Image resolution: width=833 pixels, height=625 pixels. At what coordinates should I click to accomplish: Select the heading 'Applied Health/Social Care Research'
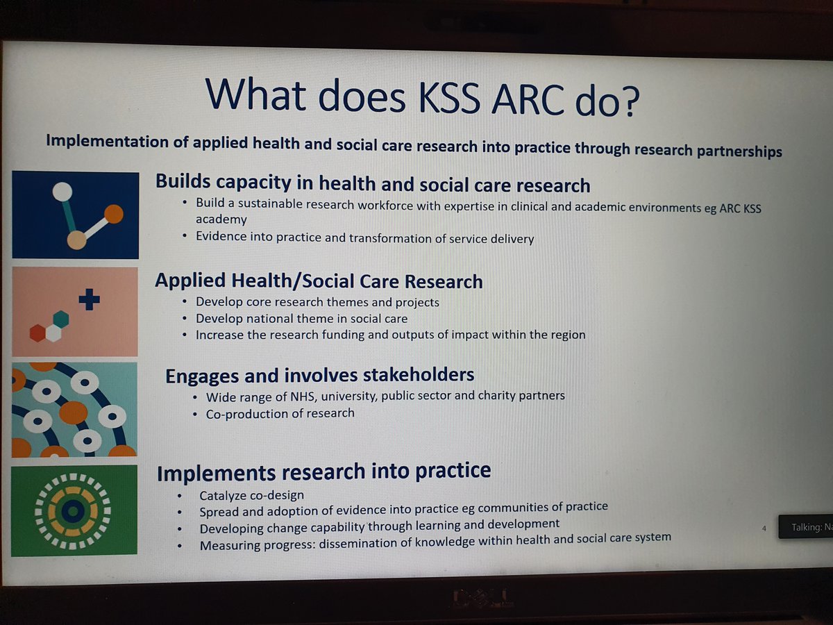tap(319, 281)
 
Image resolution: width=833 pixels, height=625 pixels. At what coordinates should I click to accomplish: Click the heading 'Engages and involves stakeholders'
tap(319, 376)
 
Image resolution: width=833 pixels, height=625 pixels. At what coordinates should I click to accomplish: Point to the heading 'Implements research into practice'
tap(323, 472)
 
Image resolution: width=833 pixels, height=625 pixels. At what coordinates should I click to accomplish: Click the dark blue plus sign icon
tap(89, 299)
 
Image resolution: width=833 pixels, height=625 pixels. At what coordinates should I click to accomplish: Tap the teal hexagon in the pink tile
tap(61, 319)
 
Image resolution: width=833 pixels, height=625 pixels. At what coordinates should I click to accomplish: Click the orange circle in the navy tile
tap(112, 214)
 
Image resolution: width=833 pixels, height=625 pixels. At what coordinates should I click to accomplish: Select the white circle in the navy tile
tap(62, 192)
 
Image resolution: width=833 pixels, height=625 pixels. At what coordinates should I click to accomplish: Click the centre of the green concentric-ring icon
tap(72, 512)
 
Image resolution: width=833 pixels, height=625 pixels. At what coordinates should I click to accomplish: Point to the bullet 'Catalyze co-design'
tap(251, 496)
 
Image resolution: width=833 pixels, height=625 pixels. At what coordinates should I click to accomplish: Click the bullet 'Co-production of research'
tap(280, 413)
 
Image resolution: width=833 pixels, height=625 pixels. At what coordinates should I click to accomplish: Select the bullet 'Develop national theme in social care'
tap(301, 319)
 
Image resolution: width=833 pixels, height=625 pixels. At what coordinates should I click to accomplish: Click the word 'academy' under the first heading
tap(221, 219)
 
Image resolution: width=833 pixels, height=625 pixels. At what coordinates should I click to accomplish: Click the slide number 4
tap(764, 528)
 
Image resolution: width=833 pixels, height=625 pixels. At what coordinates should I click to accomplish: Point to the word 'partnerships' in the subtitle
tap(735, 151)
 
